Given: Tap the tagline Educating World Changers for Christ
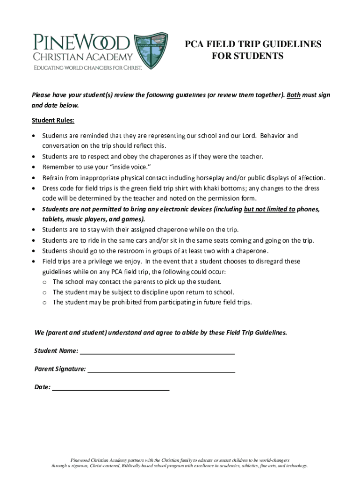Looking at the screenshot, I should pyautogui.click(x=87, y=67).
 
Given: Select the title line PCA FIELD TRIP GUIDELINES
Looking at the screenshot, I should pyautogui.click(x=253, y=44).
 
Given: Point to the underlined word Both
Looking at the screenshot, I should pyautogui.click(x=294, y=95).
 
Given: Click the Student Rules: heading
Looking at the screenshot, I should pyautogui.click(x=53, y=121).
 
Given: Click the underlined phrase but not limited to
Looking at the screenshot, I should pyautogui.click(x=269, y=209).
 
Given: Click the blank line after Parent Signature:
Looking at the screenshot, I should pyautogui.click(x=161, y=370).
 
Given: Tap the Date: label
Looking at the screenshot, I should pyautogui.click(x=42, y=387).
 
